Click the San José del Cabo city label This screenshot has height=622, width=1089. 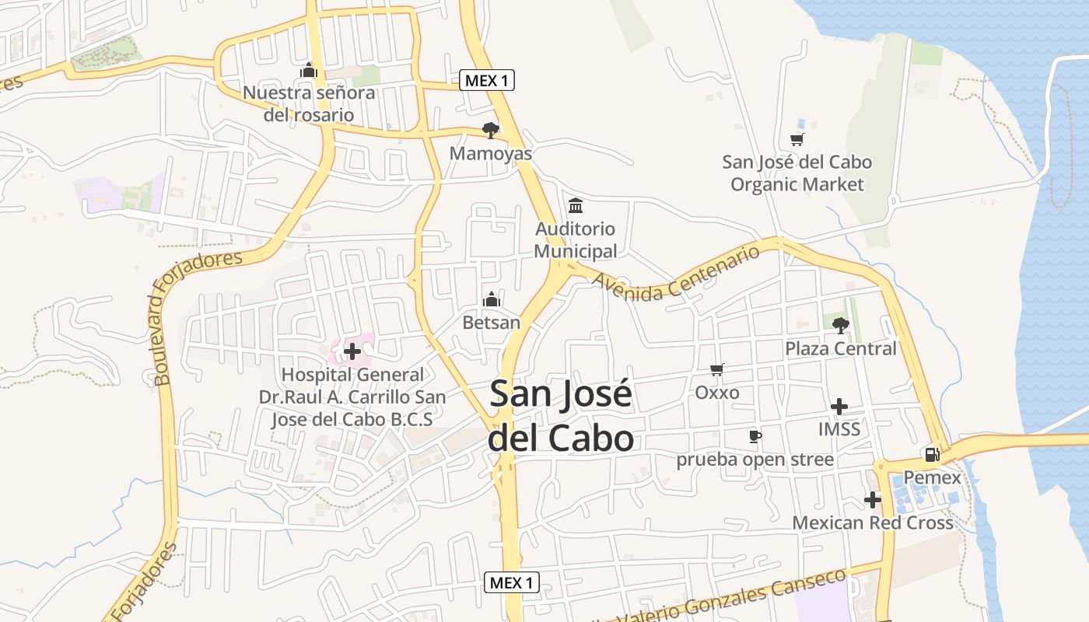[560, 417]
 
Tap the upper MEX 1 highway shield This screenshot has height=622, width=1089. [487, 80]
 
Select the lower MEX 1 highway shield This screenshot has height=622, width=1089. [512, 582]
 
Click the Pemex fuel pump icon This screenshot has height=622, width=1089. [931, 455]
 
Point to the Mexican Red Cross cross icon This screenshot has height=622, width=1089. [873, 499]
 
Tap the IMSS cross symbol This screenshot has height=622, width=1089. [839, 406]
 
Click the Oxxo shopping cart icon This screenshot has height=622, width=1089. [716, 369]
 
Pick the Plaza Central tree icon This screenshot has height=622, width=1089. [840, 325]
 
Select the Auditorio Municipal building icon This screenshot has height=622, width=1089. [576, 205]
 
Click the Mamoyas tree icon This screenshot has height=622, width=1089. [490, 130]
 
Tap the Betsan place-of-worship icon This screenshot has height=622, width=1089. [491, 299]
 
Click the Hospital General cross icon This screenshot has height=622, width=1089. [352, 351]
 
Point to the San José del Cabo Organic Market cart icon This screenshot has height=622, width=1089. [797, 139]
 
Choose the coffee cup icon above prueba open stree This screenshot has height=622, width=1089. [754, 436]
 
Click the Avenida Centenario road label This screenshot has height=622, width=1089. [676, 274]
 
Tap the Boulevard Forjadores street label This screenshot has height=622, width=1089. [194, 315]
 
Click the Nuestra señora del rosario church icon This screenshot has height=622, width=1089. [309, 71]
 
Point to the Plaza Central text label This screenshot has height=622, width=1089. [841, 348]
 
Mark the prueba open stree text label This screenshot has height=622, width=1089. [755, 460]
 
